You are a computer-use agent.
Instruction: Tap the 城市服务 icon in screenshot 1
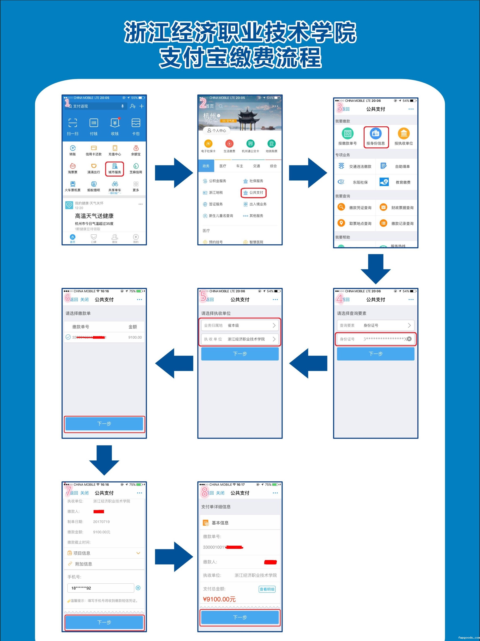[x=115, y=169]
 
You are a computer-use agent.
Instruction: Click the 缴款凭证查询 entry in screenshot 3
[x=355, y=207]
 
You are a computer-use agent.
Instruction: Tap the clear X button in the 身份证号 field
[x=409, y=339]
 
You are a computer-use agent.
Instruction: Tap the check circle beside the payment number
[x=68, y=337]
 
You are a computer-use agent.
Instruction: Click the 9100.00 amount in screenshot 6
[x=135, y=337]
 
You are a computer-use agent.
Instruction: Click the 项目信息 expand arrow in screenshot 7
[x=138, y=553]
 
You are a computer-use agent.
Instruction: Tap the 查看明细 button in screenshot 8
[x=267, y=589]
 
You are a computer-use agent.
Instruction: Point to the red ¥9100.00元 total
[x=219, y=599]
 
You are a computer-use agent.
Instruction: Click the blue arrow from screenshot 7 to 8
[x=174, y=557]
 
